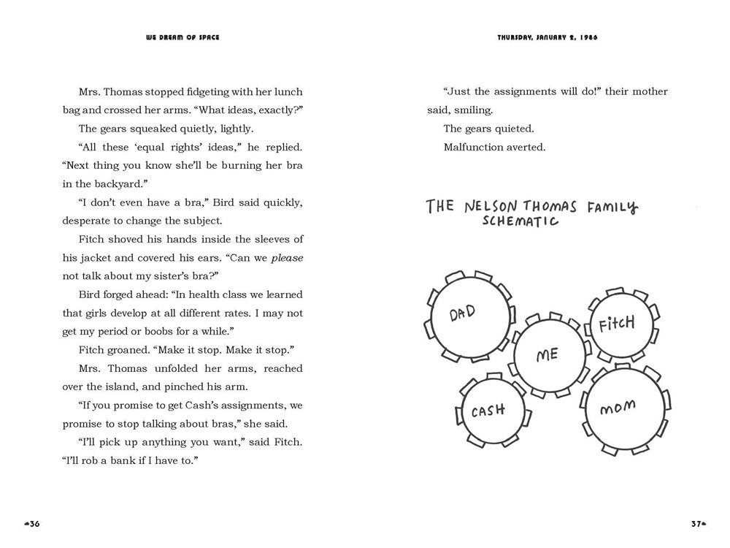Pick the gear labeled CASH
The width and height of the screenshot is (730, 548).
488,411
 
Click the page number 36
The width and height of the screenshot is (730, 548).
34,523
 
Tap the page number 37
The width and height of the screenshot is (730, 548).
697,523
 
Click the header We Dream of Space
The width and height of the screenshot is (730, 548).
182,38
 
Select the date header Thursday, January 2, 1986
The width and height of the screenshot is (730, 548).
547,38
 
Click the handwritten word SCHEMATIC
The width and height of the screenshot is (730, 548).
520,221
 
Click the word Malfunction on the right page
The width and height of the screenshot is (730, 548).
472,147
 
